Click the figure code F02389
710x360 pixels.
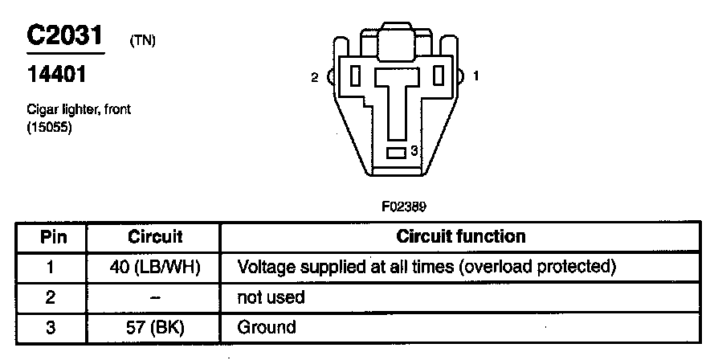point(403,206)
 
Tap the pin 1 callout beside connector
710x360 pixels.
point(476,77)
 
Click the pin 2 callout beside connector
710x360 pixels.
point(314,78)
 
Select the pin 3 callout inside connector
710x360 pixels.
point(414,150)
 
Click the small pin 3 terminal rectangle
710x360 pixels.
point(397,152)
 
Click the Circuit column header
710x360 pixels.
point(155,237)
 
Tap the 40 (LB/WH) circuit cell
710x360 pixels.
point(155,267)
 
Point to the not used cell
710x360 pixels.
point(271,297)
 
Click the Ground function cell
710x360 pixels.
point(267,327)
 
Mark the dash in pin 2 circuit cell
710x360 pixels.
point(155,297)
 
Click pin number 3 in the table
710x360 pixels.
point(50,327)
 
